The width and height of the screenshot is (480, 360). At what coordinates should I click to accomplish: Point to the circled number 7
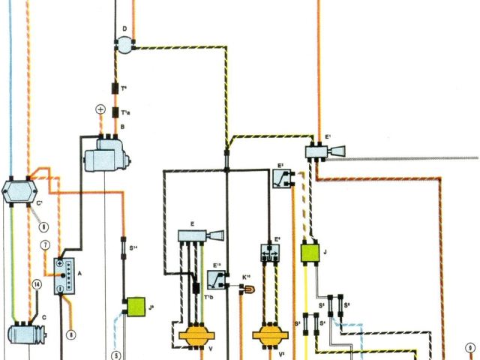45,245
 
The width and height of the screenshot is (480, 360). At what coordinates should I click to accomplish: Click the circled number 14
36,284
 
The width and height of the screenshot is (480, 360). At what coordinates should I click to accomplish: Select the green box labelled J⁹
137,306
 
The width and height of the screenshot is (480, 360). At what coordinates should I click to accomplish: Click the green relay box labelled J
310,252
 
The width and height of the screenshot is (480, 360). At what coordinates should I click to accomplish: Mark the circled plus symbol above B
100,109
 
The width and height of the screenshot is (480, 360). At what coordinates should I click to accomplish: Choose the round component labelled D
121,44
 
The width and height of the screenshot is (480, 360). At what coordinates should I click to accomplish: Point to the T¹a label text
126,113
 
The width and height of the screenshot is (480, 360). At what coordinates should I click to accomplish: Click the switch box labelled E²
282,177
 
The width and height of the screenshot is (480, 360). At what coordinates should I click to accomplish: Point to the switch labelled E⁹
270,252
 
